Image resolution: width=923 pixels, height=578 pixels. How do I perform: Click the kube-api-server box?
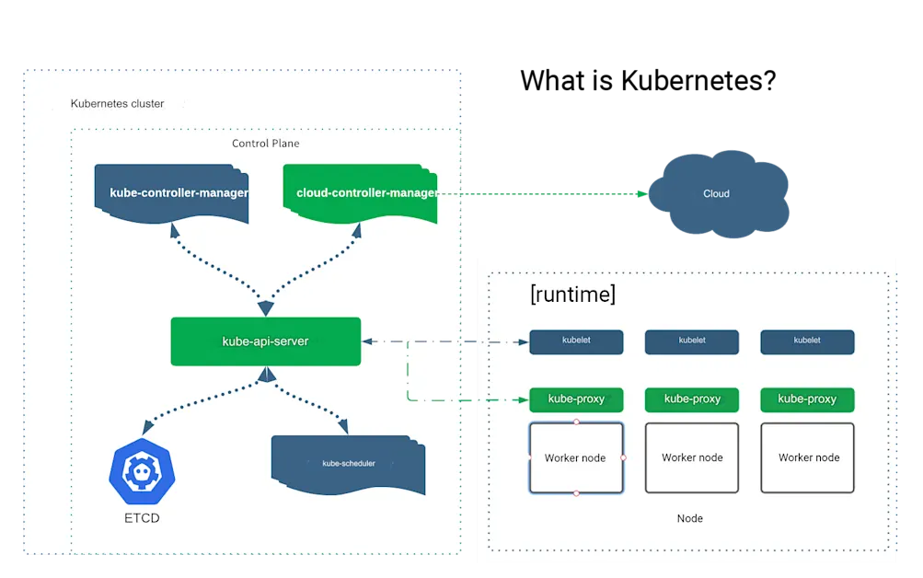click(x=265, y=341)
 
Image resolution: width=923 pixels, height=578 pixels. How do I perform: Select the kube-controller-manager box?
click(x=172, y=193)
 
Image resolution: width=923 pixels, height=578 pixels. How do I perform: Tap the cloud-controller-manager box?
click(x=360, y=193)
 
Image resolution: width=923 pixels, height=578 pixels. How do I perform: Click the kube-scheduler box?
click(x=348, y=464)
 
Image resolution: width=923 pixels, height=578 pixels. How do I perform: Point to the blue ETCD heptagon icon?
click(x=142, y=472)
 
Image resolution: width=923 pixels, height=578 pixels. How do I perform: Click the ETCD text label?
click(x=142, y=518)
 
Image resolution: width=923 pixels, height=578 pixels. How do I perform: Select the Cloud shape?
click(x=716, y=194)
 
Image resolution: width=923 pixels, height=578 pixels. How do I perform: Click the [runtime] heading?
click(x=572, y=295)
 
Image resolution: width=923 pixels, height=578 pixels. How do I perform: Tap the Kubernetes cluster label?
click(x=118, y=104)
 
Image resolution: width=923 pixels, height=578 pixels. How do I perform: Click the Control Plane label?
click(x=265, y=144)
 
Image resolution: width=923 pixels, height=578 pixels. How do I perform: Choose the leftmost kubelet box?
click(x=576, y=341)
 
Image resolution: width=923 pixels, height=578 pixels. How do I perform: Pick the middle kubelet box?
click(x=692, y=341)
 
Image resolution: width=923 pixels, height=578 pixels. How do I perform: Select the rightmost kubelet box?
click(x=807, y=341)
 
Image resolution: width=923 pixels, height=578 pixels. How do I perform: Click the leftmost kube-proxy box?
click(x=576, y=399)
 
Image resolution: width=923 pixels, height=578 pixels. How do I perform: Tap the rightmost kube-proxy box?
click(x=807, y=399)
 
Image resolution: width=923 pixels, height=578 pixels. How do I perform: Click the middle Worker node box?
click(x=692, y=457)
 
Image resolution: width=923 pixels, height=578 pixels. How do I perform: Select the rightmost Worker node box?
click(x=808, y=457)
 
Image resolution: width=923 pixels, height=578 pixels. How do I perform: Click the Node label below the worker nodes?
click(x=689, y=518)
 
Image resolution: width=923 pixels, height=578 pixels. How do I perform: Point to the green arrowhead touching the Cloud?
click(x=641, y=193)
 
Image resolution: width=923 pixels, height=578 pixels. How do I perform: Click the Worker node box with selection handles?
click(x=576, y=457)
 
